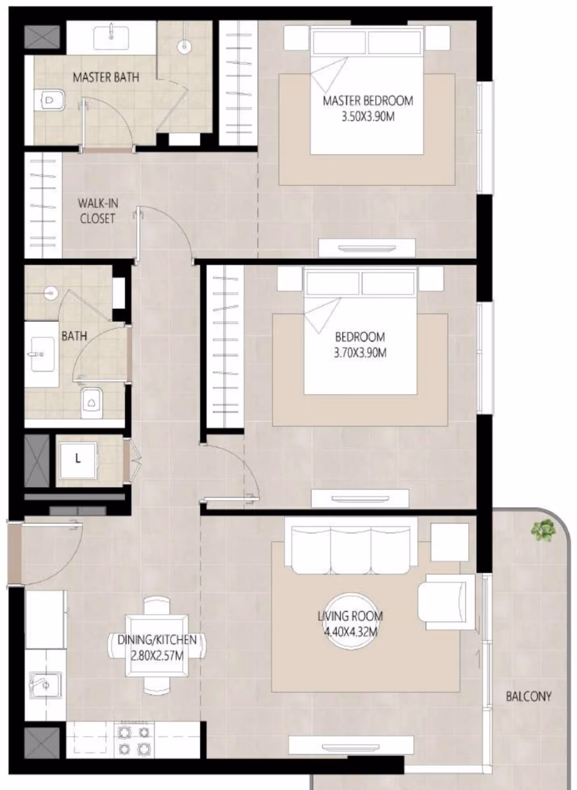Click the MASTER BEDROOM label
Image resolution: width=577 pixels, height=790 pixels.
tap(368, 101)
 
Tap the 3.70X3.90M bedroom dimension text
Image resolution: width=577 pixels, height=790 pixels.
tap(361, 353)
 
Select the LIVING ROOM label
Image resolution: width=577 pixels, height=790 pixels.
tap(350, 616)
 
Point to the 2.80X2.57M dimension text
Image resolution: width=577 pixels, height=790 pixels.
tap(157, 656)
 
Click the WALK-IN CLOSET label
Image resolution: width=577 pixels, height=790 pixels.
tap(97, 211)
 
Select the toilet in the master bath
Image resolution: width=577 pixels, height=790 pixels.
tap(50, 100)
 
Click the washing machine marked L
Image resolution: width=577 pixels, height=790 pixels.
tap(78, 460)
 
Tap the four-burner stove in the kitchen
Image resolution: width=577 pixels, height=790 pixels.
tap(134, 740)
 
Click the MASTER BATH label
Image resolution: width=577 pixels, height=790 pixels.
tap(106, 77)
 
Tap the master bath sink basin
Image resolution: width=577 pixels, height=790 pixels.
tap(111, 37)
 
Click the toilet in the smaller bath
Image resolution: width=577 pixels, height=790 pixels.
tap(91, 403)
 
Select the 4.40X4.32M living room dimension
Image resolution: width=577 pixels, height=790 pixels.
tap(350, 631)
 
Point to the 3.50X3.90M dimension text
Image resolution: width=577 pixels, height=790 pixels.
tap(368, 117)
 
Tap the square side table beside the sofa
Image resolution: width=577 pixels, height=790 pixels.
tap(450, 542)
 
